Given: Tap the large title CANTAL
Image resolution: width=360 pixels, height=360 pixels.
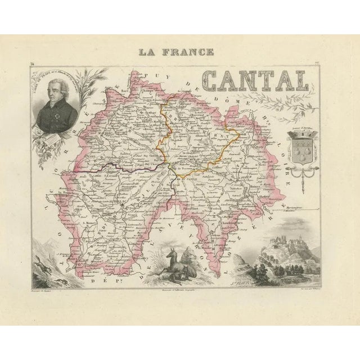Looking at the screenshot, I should point(255,82).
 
